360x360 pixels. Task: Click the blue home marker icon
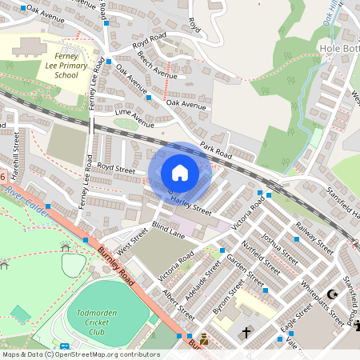tap(180, 173)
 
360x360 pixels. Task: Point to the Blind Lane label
tap(168, 231)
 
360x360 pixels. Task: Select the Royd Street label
tap(116, 169)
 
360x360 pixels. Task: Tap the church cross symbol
tap(246, 331)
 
